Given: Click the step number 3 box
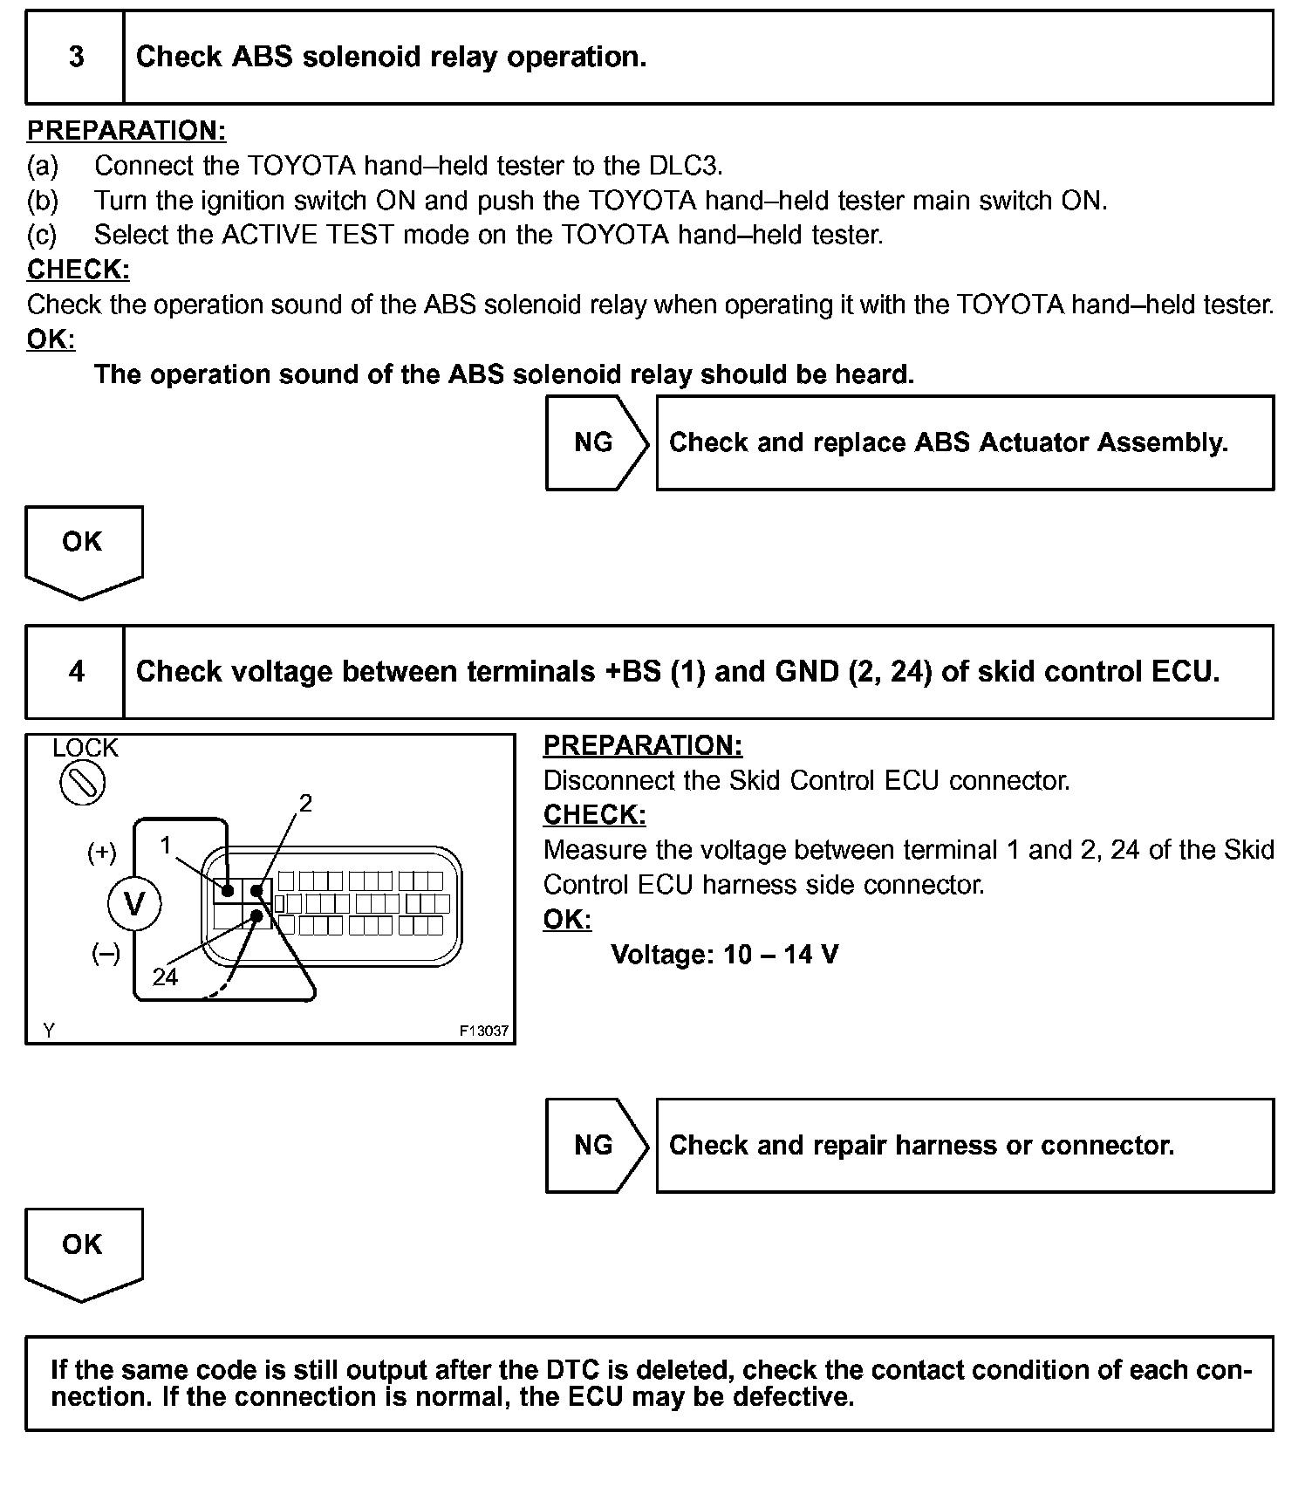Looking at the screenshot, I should [x=76, y=58].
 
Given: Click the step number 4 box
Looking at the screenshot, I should [x=76, y=671].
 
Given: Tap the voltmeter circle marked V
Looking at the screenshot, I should [x=134, y=903].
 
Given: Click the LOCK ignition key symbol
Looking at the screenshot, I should [x=83, y=784].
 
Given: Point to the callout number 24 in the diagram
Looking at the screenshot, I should [x=165, y=976].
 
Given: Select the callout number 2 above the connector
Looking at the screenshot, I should [x=305, y=803].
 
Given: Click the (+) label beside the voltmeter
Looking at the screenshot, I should [x=102, y=853].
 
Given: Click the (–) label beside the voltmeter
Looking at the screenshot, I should [x=106, y=954].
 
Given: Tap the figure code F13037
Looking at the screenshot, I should [x=484, y=1031].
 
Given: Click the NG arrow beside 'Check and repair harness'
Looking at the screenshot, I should [x=596, y=1145].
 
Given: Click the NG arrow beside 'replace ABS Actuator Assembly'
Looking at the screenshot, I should [x=596, y=442].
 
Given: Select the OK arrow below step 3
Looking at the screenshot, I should [x=83, y=548].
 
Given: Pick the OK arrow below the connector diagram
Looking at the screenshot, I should [x=83, y=1251].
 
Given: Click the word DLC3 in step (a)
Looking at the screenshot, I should [x=685, y=165].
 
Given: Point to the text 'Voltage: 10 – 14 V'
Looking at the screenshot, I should [x=725, y=954].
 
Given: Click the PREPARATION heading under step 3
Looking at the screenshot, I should [x=126, y=130].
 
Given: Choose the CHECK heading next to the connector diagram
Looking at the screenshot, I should [x=594, y=814].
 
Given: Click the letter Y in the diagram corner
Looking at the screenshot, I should [x=49, y=1031].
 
